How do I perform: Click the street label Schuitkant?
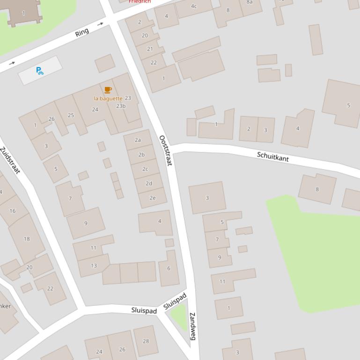273,157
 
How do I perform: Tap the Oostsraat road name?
166,150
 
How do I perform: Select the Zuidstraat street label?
10,160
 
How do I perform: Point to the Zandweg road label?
192,326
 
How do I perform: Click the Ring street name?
82,32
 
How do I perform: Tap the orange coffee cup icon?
108,90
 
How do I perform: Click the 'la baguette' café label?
108,99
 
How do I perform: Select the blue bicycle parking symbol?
40,71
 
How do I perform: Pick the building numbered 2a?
138,140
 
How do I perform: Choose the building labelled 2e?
153,198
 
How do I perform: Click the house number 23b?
121,106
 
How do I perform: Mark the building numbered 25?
71,115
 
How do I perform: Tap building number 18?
27,239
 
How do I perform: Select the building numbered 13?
94,266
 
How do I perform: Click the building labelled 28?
146,341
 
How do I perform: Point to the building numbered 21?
150,49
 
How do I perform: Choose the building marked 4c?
194,7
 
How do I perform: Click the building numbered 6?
169,268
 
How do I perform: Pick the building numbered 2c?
145,169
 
